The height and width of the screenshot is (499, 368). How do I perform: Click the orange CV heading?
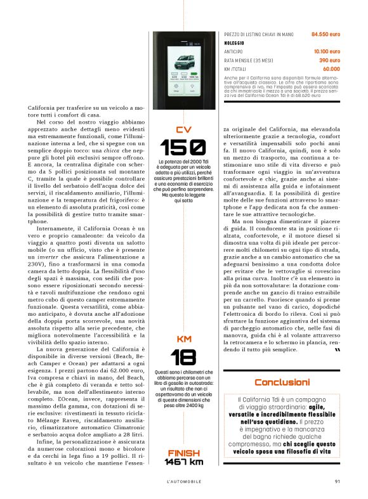[183, 130]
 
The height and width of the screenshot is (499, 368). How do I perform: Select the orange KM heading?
[183, 339]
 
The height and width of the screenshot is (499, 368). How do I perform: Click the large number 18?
[183, 356]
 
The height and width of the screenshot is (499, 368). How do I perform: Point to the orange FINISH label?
[183, 453]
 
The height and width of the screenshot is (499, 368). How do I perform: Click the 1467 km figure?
[183, 462]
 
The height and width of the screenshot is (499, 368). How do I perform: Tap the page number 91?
[337, 480]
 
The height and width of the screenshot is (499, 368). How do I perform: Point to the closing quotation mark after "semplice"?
[336, 350]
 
